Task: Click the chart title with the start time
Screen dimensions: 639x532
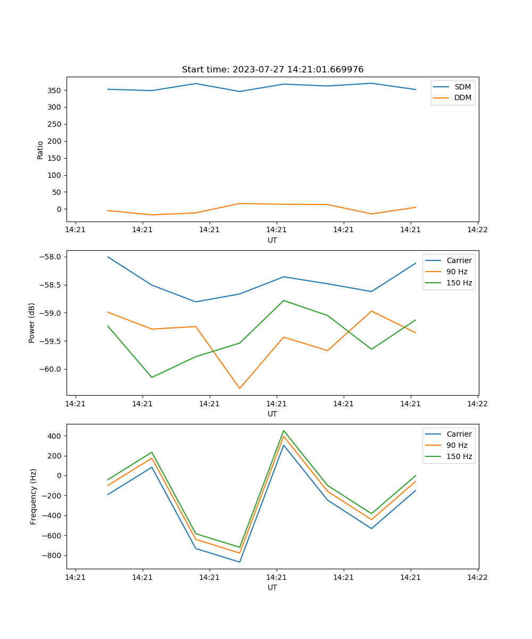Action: point(272,70)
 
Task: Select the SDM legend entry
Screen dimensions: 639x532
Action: point(462,87)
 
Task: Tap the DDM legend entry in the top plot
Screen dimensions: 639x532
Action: point(462,98)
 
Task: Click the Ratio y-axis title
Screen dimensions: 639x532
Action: point(40,150)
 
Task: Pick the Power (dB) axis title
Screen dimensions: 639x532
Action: point(32,323)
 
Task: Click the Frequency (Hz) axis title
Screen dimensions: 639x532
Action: point(34,496)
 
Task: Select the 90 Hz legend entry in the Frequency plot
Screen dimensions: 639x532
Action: point(456,445)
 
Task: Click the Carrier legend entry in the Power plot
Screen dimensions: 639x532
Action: point(459,260)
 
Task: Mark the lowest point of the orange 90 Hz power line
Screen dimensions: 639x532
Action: point(239,388)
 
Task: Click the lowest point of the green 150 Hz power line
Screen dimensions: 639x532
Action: point(152,378)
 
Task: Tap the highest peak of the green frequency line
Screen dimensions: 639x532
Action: point(284,430)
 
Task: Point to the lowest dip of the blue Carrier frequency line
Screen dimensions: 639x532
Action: point(239,562)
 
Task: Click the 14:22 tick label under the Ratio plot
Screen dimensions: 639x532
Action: point(477,230)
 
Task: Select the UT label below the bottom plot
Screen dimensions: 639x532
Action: point(272,587)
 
